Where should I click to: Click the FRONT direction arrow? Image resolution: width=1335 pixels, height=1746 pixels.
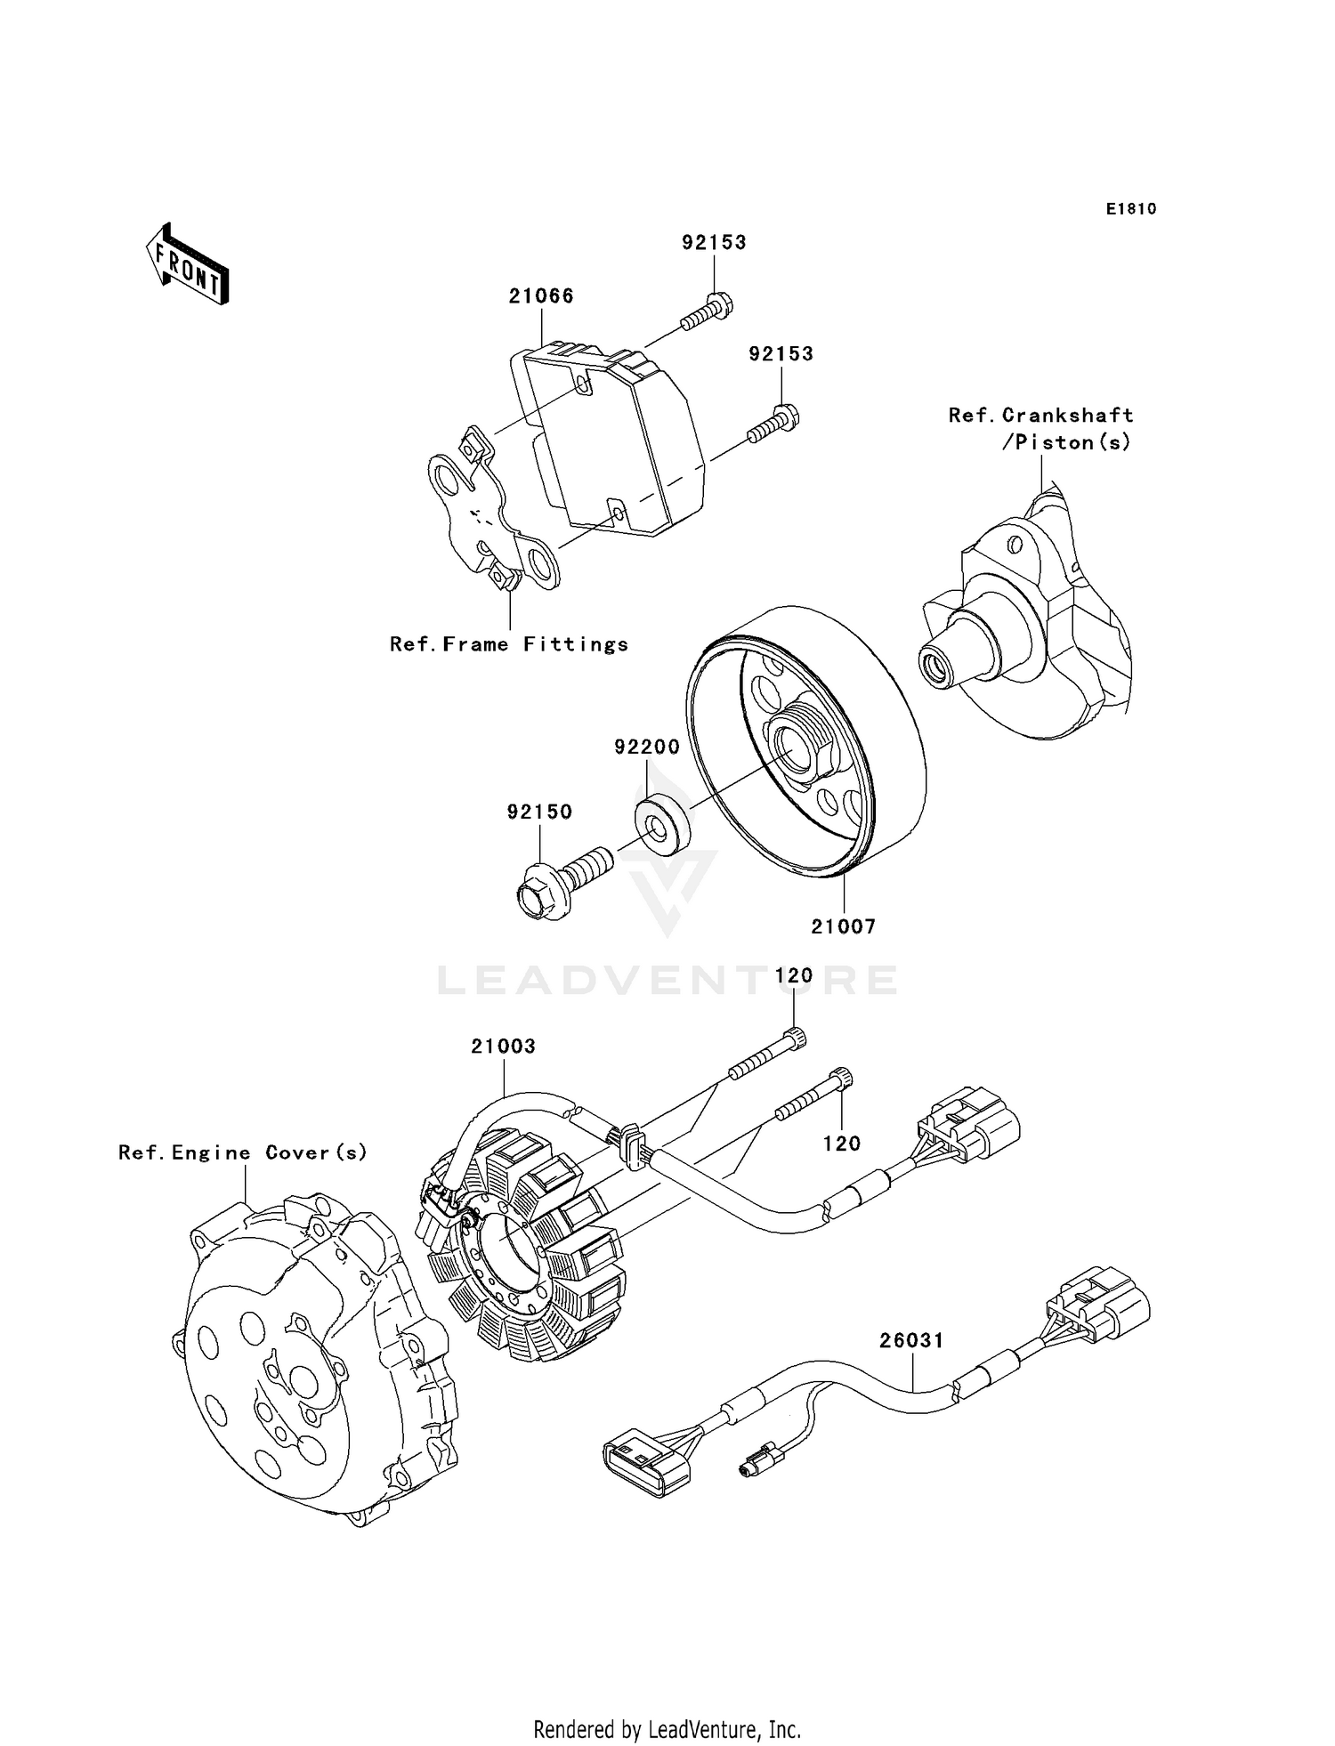(188, 264)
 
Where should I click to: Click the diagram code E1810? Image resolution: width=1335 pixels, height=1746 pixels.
(1131, 209)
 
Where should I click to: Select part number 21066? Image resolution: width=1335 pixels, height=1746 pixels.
(541, 296)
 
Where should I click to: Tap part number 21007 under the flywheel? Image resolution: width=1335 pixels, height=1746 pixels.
(843, 926)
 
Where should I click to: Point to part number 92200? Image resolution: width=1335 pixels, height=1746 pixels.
(647, 748)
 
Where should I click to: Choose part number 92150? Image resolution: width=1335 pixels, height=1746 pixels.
(539, 812)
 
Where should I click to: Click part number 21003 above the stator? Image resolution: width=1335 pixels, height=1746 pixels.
(504, 1047)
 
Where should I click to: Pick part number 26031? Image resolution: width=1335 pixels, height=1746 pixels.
(912, 1340)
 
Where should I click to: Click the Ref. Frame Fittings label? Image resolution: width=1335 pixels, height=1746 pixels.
(509, 644)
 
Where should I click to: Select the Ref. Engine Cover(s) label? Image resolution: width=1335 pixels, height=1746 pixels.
(243, 1153)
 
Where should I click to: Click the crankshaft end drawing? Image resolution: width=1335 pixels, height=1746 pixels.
(1023, 614)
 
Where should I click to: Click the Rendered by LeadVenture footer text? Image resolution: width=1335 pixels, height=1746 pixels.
(667, 1730)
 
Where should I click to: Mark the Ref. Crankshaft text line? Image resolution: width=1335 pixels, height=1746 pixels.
(1041, 416)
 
